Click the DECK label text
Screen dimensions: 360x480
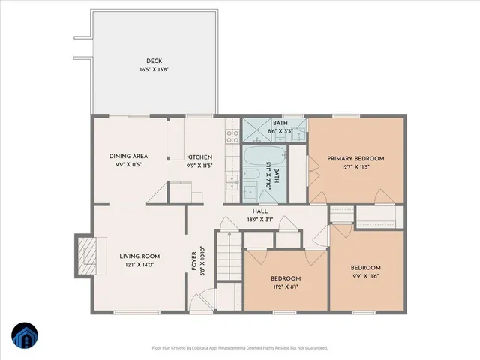click(154, 61)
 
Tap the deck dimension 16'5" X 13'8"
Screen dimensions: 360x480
click(154, 70)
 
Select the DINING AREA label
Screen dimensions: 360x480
click(129, 156)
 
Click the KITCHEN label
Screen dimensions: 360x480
click(200, 156)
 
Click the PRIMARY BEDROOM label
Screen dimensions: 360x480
click(355, 159)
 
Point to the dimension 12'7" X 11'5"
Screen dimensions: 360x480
click(355, 167)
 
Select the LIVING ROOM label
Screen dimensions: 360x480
click(140, 256)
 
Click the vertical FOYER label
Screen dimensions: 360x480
click(193, 259)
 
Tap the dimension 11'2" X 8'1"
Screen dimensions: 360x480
click(286, 286)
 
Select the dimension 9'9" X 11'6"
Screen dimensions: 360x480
click(366, 276)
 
